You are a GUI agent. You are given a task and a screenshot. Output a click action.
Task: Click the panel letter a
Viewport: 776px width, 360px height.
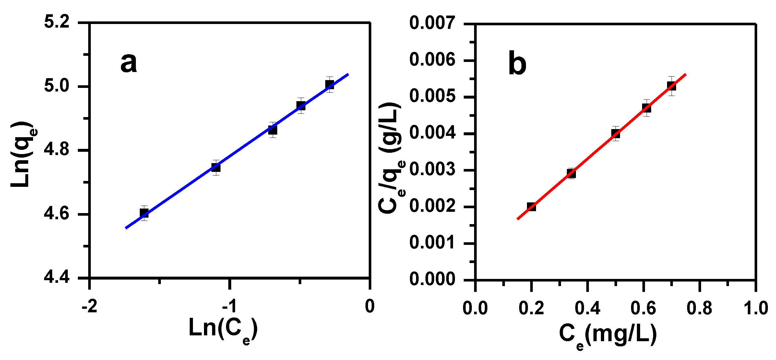point(129,63)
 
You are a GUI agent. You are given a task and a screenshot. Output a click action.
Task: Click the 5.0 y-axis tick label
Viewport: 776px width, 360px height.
point(57,86)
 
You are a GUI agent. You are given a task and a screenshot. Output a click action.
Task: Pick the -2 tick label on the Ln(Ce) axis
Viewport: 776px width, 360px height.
point(90,306)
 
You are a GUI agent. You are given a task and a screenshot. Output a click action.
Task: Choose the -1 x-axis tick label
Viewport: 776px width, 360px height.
point(230,306)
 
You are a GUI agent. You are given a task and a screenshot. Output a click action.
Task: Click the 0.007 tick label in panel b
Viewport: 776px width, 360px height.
point(432,23)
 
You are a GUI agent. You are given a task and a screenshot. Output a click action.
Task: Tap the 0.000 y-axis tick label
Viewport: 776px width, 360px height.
point(432,279)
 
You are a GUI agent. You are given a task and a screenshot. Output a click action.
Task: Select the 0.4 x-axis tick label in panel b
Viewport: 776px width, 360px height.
point(587,308)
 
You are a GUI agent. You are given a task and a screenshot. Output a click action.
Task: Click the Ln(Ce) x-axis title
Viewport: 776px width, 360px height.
point(223,329)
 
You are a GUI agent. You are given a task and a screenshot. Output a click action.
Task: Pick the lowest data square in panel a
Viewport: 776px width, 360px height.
point(144,213)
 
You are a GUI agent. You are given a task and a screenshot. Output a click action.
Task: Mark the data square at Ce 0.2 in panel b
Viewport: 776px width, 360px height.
point(531,207)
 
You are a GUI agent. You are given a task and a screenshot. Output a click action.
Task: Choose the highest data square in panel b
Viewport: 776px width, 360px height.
point(671,86)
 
